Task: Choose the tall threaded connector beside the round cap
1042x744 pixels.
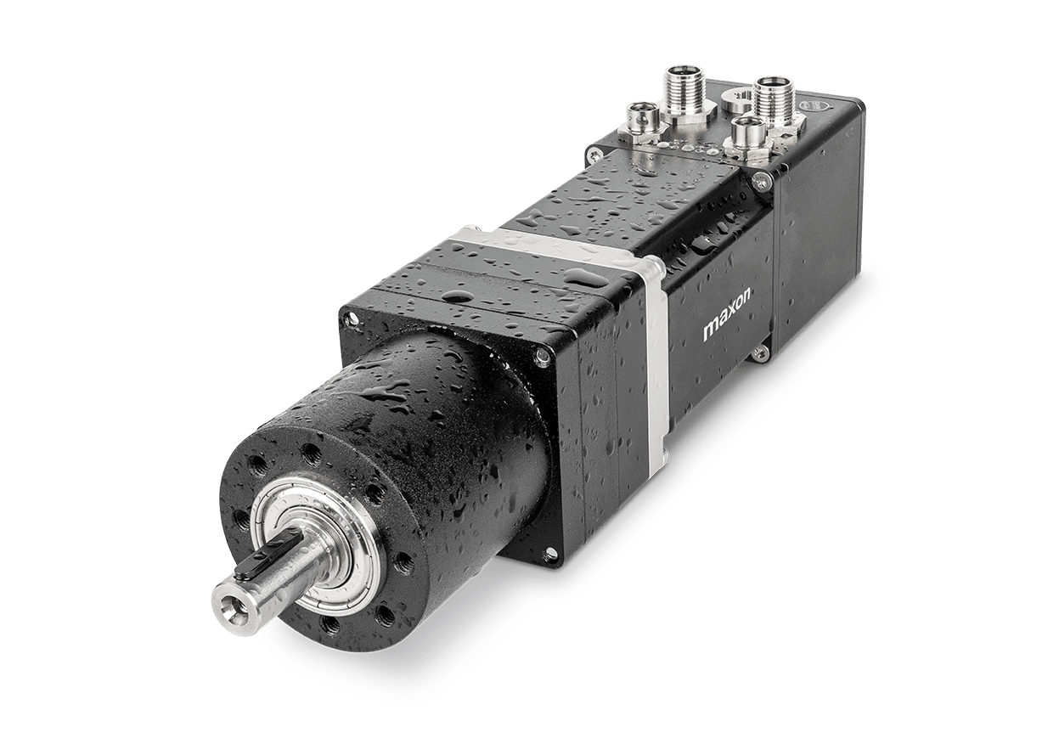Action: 773,97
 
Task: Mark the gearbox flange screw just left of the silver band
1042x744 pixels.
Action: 540,360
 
